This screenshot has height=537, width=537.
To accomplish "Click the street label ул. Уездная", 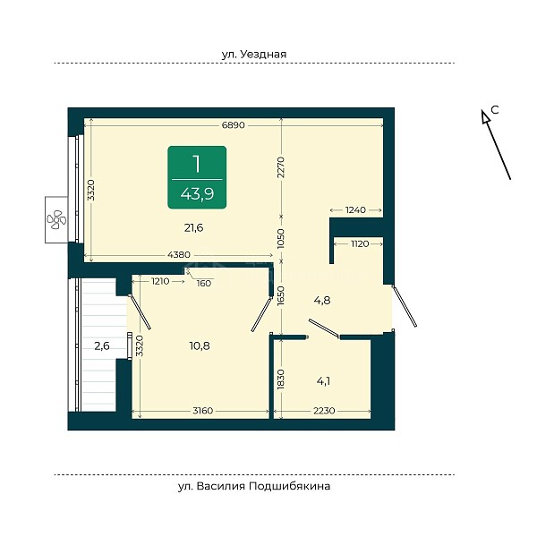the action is pyautogui.click(x=254, y=54).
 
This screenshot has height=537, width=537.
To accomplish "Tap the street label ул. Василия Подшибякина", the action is pyautogui.click(x=254, y=486).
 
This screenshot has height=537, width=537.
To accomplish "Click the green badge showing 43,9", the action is pyautogui.click(x=197, y=177).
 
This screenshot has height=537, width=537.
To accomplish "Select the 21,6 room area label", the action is pyautogui.click(x=194, y=227).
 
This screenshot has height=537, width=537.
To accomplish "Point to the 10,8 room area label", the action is pyautogui.click(x=200, y=345).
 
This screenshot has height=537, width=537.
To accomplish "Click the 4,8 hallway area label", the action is pyautogui.click(x=322, y=301).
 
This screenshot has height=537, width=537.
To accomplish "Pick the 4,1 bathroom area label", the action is pyautogui.click(x=323, y=381).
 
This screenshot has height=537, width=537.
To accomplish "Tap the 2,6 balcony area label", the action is pyautogui.click(x=102, y=345).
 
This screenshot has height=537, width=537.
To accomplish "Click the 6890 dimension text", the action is pyautogui.click(x=234, y=125).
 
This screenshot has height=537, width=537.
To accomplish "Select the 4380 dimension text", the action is pyautogui.click(x=179, y=255).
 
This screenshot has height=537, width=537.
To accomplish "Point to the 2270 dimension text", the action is pyautogui.click(x=281, y=167).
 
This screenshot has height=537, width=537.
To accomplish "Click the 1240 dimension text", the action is pyautogui.click(x=355, y=210).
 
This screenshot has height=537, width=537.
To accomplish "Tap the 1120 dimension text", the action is pyautogui.click(x=360, y=243).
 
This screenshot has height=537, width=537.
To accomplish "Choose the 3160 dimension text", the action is pyautogui.click(x=203, y=410).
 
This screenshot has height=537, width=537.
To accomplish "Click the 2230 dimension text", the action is pyautogui.click(x=324, y=410).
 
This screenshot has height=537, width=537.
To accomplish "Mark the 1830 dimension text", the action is pyautogui.click(x=281, y=379).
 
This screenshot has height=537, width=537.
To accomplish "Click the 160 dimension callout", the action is pyautogui.click(x=204, y=283).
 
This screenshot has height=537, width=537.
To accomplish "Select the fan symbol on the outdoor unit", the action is pyautogui.click(x=56, y=219).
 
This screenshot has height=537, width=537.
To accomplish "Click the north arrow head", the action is pyautogui.click(x=484, y=116).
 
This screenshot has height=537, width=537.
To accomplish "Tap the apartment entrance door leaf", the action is pyautogui.click(x=405, y=306).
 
